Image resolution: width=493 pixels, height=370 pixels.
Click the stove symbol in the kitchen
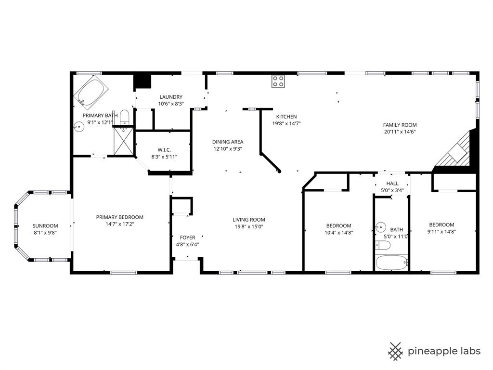(278, 81)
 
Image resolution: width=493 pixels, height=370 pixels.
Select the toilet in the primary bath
(124, 117)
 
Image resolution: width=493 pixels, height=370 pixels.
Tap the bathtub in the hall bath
(392, 263)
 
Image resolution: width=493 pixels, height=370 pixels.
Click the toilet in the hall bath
(382, 245)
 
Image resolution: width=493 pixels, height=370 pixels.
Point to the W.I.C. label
(164, 150)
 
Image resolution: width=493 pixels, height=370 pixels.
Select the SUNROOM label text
(45, 226)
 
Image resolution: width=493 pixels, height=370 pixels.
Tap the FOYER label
(187, 238)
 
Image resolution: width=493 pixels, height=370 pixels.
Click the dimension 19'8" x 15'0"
(249, 226)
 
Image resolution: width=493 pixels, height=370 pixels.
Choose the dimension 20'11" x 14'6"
(400, 132)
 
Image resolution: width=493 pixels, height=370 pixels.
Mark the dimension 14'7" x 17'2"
(119, 224)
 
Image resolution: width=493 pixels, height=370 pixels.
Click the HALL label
(392, 184)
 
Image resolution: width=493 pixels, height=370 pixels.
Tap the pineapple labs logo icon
(396, 351)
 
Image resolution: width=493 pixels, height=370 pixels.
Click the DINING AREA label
(228, 142)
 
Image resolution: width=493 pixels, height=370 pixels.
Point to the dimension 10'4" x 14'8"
(338, 232)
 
